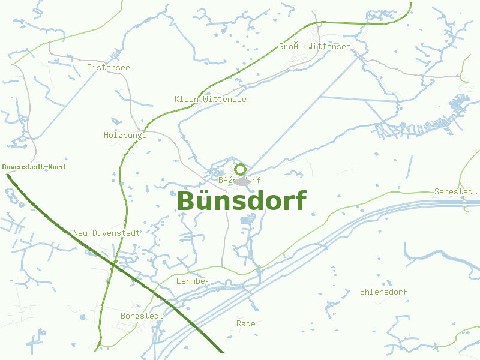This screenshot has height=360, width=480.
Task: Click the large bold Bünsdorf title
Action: click(242, 201)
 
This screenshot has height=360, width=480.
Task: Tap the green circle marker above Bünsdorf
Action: click(241, 169)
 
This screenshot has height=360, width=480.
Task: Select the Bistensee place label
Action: click(108, 67)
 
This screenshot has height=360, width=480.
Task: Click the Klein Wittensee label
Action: click(210, 99)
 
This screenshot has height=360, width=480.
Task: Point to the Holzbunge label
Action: click(125, 135)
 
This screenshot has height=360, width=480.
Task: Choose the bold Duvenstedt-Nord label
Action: click(34, 167)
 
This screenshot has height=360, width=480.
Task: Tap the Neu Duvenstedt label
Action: click(106, 233)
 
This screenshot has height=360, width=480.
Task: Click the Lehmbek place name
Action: click(193, 281)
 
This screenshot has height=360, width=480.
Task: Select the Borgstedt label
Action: click(142, 316)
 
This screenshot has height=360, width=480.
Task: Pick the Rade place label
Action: click(245, 323)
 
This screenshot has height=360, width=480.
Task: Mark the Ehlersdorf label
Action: click(383, 292)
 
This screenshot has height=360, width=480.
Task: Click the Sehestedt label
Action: click(455, 191)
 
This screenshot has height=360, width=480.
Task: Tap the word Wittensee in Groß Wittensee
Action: click(329, 46)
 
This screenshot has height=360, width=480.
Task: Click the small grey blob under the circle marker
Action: click(241, 181)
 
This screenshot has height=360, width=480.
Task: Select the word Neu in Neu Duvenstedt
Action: click(80, 233)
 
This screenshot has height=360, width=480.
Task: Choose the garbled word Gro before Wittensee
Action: click(289, 46)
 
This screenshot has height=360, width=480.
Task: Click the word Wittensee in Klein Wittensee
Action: click(224, 99)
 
